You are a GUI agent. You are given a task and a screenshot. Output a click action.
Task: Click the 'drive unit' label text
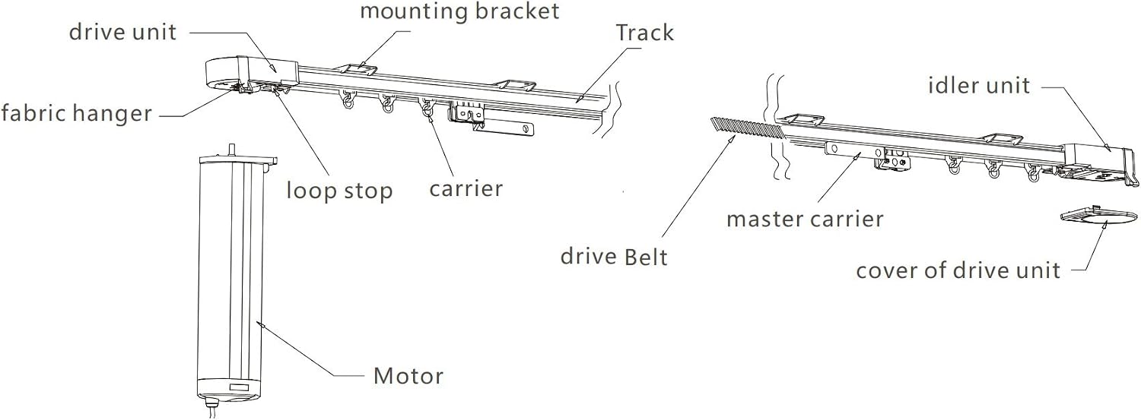point(122,32)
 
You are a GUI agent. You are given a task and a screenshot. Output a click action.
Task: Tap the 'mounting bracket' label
point(459,11)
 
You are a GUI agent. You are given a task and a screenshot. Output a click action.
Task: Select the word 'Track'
point(645,33)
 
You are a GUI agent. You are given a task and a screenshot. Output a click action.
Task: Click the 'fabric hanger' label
point(76,112)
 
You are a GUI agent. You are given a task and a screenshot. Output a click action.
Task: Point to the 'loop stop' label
point(339,190)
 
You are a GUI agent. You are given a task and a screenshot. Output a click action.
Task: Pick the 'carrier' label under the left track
point(466,188)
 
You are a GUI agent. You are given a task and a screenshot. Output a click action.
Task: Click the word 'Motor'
point(408,376)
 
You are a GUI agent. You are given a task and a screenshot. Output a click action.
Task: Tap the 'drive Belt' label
point(614,256)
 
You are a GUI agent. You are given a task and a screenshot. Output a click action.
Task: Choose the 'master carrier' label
point(805,219)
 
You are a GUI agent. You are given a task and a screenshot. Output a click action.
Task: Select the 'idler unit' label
point(979,85)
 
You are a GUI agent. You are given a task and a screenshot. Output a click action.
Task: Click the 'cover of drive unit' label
point(958,270)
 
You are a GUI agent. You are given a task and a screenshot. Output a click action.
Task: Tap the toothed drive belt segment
point(747,130)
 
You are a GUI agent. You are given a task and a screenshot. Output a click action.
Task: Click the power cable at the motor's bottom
point(214,409)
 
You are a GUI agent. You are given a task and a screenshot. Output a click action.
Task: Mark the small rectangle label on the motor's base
point(237,387)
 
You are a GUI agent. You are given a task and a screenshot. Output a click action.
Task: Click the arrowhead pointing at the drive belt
point(732,140)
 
